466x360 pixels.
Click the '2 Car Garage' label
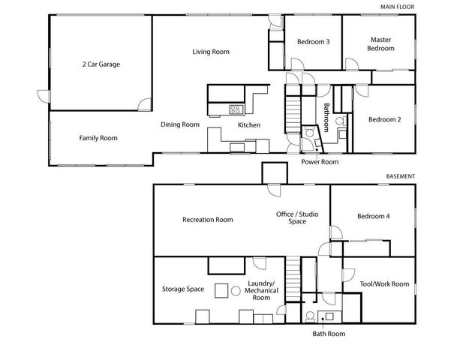(x=101, y=64)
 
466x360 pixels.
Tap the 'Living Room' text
(x=210, y=52)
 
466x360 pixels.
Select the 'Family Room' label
(x=98, y=138)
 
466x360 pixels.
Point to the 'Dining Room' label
(x=179, y=124)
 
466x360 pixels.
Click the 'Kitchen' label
(x=249, y=125)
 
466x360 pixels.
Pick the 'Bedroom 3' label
(x=313, y=42)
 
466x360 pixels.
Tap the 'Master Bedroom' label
(x=380, y=43)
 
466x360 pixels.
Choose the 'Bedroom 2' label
(x=384, y=119)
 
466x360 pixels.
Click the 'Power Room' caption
(x=320, y=161)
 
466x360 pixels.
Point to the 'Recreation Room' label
(x=207, y=220)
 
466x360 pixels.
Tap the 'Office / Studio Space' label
(x=297, y=218)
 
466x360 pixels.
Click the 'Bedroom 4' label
(x=373, y=217)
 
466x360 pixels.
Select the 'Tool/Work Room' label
(x=384, y=283)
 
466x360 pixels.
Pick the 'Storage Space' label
(x=183, y=289)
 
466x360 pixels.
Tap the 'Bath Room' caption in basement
(x=329, y=334)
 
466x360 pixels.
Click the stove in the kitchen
(x=235, y=109)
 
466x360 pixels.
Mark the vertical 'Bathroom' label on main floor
(x=326, y=118)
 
